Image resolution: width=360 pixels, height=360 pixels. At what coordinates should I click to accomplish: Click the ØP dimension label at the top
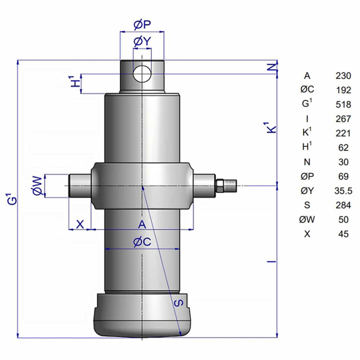click(142, 25)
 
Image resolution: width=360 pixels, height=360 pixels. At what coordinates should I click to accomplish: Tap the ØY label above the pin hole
click(142, 42)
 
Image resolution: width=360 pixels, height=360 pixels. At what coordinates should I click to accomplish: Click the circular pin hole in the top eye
click(142, 74)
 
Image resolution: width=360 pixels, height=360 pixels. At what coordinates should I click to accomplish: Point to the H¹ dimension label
click(75, 81)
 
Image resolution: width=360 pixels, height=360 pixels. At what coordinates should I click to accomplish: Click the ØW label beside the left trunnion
click(38, 186)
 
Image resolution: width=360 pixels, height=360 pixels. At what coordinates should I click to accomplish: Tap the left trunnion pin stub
click(80, 186)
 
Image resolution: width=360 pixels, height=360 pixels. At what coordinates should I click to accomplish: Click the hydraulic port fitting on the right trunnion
click(226, 186)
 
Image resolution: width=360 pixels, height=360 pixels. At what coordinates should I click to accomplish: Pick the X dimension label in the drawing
click(80, 224)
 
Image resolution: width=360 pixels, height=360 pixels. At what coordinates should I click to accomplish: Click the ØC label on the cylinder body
click(142, 242)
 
